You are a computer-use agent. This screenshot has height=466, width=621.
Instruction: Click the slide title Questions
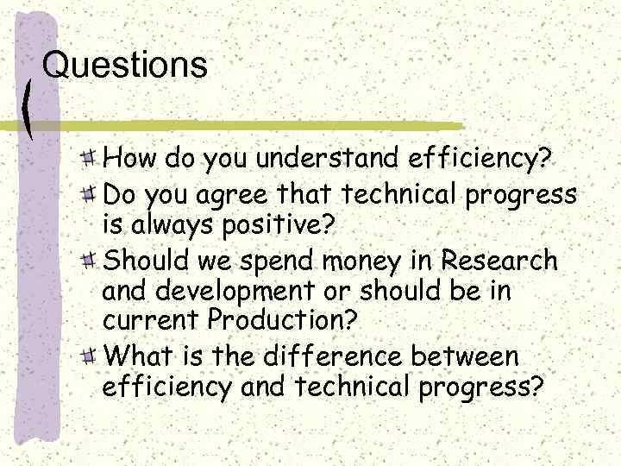point(125,66)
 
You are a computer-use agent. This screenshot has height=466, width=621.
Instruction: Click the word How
point(125,160)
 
